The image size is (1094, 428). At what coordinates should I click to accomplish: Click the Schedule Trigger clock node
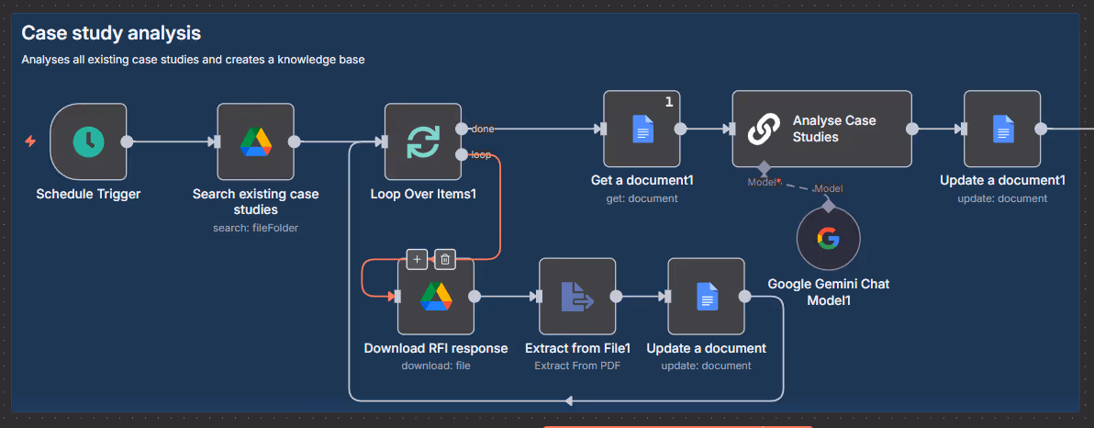[89, 141]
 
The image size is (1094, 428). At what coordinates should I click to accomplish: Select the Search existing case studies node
[255, 141]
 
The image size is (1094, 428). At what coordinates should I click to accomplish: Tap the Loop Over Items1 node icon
[422, 141]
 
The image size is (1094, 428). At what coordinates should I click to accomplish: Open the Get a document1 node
[642, 129]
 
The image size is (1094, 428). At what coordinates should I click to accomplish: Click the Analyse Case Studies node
[821, 129]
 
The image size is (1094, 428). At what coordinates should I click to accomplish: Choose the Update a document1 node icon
[1002, 129]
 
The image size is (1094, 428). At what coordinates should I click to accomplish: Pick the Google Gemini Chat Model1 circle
[828, 239]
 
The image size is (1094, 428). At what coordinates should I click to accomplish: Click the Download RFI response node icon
[435, 296]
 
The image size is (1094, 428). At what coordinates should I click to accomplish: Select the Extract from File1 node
[576, 296]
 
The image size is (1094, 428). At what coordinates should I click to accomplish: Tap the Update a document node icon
[706, 296]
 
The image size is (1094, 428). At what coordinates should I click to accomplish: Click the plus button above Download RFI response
[417, 259]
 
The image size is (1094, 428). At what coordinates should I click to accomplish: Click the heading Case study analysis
[111, 34]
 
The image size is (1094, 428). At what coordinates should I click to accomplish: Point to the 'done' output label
[482, 129]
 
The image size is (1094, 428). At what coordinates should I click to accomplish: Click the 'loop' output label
[480, 154]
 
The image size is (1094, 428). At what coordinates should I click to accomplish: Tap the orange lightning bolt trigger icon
[30, 141]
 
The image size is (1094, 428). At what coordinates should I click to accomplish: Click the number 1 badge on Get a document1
[669, 102]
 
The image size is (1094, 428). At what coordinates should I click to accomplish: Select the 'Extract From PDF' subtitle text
[577, 366]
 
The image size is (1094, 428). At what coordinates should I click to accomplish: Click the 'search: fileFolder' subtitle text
[255, 228]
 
